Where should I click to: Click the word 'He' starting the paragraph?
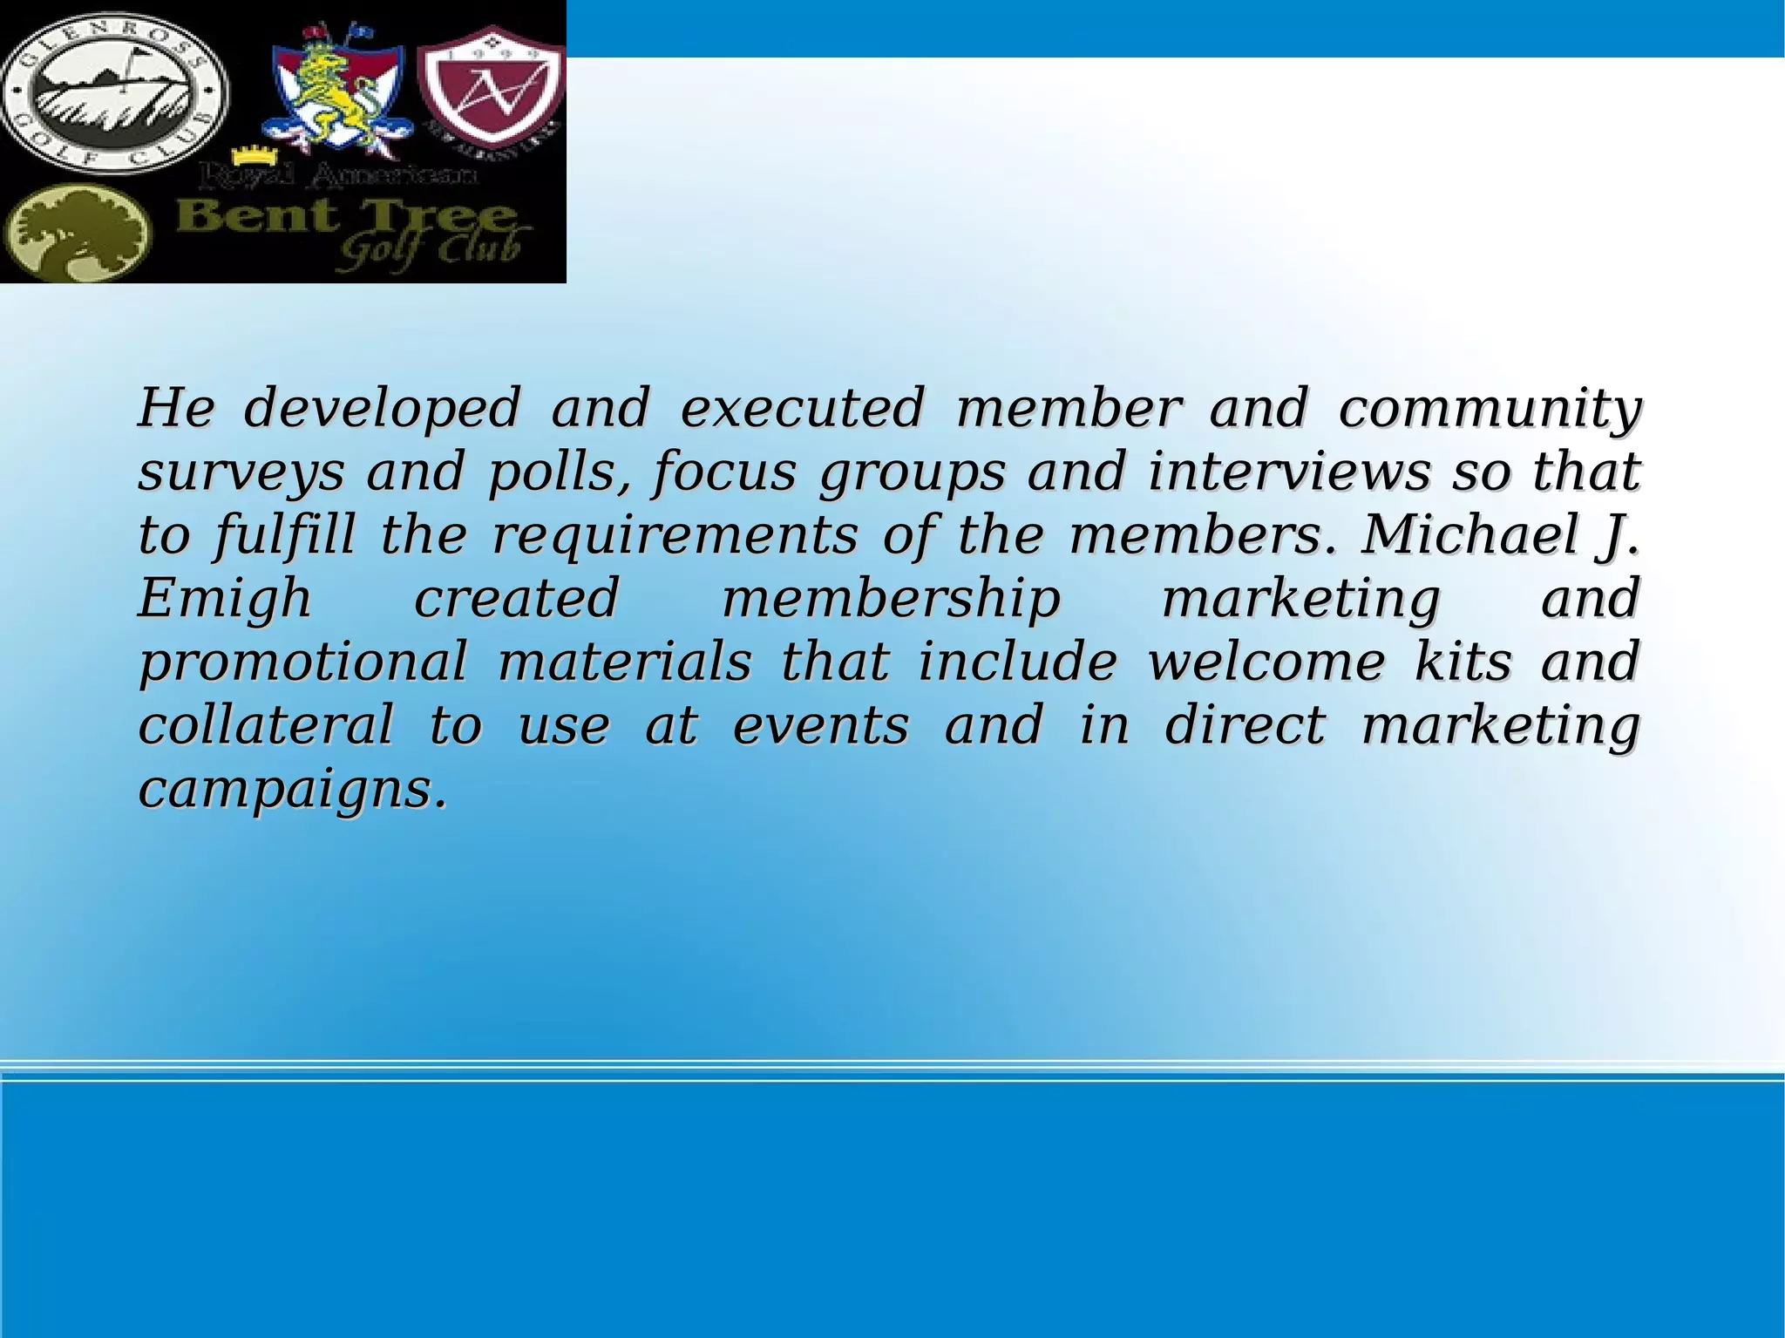pyautogui.click(x=175, y=407)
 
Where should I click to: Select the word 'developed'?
pyautogui.click(x=382, y=407)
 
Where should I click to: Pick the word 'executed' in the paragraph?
pyautogui.click(x=801, y=407)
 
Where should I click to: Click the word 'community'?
pyautogui.click(x=1490, y=409)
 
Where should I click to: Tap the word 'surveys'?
pyautogui.click(x=241, y=473)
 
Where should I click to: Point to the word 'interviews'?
pyautogui.click(x=1289, y=472)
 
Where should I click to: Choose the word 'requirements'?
pyautogui.click(x=675, y=536)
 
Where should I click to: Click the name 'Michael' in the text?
pyautogui.click(x=1469, y=534)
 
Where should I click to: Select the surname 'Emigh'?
pyautogui.click(x=225, y=600)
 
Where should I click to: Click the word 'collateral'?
pyautogui.click(x=266, y=726)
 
